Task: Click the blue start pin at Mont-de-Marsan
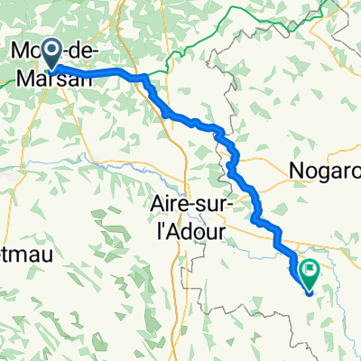coord(51,52)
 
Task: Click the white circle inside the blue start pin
coord(51,51)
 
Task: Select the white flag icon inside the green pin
coord(310,267)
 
